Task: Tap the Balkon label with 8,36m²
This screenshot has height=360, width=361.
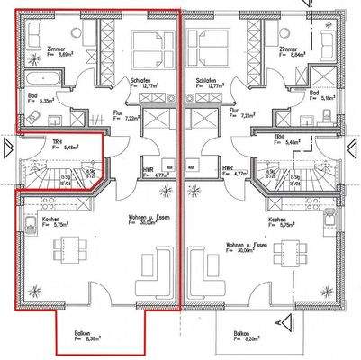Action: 86,337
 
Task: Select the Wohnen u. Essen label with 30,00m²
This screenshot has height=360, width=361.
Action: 244,247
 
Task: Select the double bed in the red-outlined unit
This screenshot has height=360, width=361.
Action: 146,45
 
